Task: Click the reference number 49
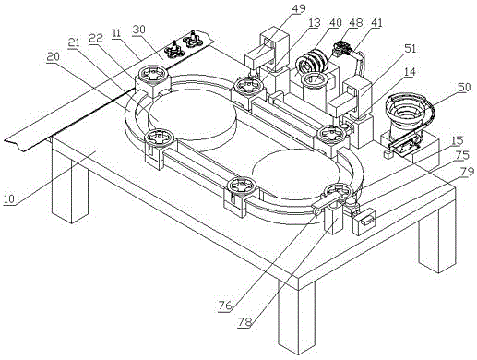click(299, 8)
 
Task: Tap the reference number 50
click(464, 88)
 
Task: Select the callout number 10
click(9, 199)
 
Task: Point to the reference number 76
click(225, 306)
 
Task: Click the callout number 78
click(245, 322)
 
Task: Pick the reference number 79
click(467, 172)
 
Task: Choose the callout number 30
click(139, 30)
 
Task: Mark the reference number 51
click(410, 49)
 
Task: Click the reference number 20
click(54, 56)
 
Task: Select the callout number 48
click(356, 22)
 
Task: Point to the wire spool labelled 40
click(312, 61)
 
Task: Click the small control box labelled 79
click(364, 222)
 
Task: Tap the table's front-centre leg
click(297, 317)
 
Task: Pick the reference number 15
click(457, 140)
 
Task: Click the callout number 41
click(376, 22)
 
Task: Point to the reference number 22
click(96, 38)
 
